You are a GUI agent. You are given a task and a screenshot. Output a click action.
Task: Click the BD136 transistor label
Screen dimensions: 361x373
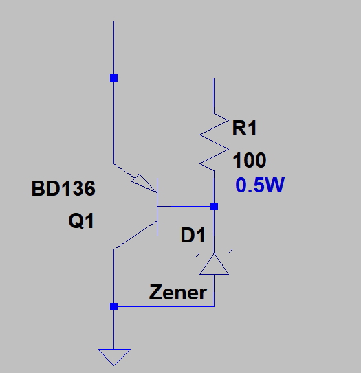pos(63,188)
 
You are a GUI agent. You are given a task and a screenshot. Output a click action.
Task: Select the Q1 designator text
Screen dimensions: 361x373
pos(81,221)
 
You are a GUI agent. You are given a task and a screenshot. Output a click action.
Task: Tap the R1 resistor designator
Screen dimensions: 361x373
pos(245,128)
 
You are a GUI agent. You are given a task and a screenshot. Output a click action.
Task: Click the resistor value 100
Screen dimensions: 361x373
pos(250,160)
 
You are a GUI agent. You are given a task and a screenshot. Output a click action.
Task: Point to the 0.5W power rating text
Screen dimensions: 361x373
pos(260,185)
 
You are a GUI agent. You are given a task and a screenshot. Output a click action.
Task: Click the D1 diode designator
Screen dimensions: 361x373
pos(193,235)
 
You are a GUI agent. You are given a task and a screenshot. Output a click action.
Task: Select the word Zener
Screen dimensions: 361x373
pos(177,293)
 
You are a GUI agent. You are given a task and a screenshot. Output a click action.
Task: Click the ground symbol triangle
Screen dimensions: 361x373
pos(114,357)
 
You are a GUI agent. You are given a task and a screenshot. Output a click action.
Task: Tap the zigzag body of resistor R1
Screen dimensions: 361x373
pos(214,142)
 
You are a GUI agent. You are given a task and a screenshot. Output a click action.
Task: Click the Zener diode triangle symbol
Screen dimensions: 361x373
pos(214,264)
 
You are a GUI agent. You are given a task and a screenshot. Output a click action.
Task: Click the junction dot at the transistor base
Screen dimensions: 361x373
pos(214,207)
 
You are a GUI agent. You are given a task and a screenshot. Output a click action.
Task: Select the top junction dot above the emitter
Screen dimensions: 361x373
pos(114,78)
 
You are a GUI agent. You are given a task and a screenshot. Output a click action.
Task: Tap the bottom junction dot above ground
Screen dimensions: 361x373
pos(114,307)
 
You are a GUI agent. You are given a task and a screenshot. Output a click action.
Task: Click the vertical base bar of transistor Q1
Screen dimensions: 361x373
pos(157,207)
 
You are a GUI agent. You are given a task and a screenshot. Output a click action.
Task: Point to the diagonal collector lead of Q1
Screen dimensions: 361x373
pos(135,235)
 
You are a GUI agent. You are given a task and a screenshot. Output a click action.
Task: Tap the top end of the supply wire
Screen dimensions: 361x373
pos(113,21)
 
